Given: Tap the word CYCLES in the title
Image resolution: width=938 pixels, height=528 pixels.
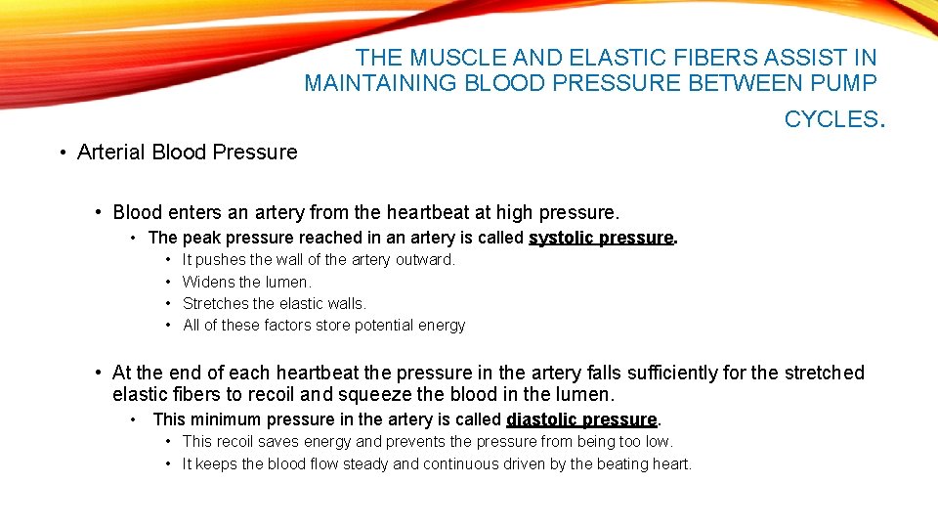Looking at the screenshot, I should (831, 119).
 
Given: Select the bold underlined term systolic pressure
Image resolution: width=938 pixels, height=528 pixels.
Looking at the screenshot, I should (601, 238).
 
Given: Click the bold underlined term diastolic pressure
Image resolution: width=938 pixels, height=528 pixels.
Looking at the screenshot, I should (581, 419).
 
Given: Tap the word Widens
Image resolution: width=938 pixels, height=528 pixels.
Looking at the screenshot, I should (209, 282).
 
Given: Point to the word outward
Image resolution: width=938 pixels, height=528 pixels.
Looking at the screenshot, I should (425, 260).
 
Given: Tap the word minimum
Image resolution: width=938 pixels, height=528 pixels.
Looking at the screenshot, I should (222, 419).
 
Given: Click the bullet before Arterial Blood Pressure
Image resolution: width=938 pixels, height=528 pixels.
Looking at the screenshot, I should (62, 153).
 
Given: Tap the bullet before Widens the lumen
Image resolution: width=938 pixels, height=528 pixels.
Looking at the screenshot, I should (168, 282).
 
